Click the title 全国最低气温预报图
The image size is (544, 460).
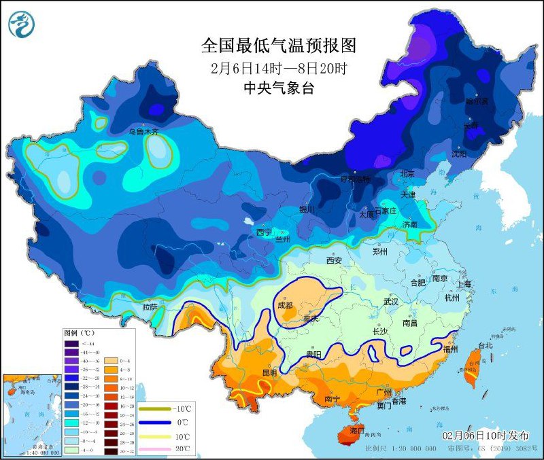(279, 46)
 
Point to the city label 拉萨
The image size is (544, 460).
(150, 307)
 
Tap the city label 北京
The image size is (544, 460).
(407, 174)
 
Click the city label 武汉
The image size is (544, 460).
(392, 301)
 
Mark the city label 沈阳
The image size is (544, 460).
(459, 154)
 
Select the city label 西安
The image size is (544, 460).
(333, 260)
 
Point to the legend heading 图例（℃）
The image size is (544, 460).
(80, 334)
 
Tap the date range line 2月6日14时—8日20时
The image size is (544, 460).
(279, 68)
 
